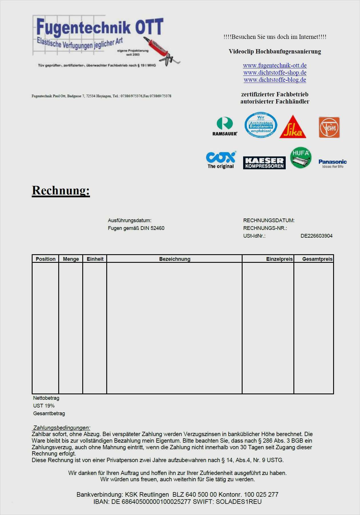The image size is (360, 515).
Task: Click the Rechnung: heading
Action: (x=61, y=190)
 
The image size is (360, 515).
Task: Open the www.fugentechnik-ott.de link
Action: (x=275, y=65)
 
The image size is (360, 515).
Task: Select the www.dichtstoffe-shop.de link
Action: (x=275, y=73)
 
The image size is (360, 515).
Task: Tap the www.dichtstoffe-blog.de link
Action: (x=275, y=80)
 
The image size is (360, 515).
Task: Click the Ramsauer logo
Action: (x=225, y=126)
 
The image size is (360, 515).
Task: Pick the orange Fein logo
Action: (x=329, y=127)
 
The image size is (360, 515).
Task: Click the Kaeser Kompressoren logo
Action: (x=264, y=163)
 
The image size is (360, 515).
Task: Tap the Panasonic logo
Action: (x=333, y=164)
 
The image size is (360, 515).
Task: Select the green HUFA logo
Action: (x=301, y=158)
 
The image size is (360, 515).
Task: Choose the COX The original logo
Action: (x=221, y=160)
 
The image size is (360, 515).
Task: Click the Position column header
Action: (x=46, y=259)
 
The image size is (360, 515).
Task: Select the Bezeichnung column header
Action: (x=175, y=259)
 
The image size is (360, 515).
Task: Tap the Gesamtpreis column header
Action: (x=317, y=259)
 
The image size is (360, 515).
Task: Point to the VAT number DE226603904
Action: (x=316, y=236)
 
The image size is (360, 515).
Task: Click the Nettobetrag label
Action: (x=46, y=398)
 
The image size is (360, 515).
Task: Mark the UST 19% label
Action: (x=44, y=406)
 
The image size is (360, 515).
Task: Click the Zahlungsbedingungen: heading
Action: (x=62, y=428)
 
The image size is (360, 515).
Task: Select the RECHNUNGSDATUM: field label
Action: (x=269, y=220)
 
